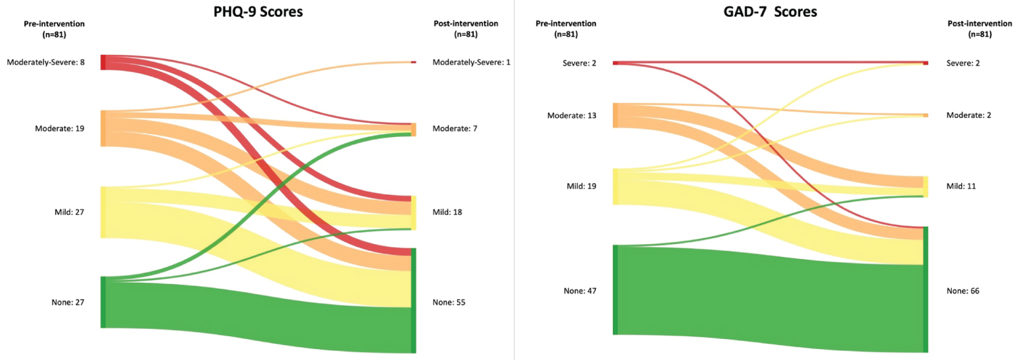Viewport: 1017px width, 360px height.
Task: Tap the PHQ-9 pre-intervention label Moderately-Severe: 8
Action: [45, 62]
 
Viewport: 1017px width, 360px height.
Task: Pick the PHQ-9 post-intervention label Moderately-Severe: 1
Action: [471, 62]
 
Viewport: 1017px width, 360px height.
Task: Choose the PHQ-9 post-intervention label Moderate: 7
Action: [455, 128]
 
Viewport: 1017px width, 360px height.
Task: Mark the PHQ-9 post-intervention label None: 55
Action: [449, 302]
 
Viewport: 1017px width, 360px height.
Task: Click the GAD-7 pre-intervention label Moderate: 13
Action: [572, 115]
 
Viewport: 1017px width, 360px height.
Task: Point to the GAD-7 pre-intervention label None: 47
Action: [580, 291]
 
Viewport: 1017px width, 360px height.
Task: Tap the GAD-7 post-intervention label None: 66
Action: [963, 291]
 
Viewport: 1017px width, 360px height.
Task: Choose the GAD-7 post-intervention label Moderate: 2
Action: [968, 115]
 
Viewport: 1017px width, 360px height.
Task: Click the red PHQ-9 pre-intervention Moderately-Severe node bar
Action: [103, 62]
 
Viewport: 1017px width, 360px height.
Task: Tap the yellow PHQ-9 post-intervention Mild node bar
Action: [414, 212]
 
